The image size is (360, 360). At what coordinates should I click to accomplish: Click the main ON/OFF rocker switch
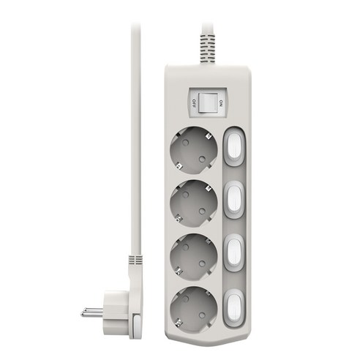point(208,103)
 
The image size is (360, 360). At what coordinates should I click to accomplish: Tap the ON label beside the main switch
point(221,103)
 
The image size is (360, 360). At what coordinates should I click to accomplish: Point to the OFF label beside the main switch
point(194,103)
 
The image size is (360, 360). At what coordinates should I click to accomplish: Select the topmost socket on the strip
point(194,150)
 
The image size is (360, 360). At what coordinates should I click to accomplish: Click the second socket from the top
point(194,203)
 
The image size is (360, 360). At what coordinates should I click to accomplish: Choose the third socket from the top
point(194,257)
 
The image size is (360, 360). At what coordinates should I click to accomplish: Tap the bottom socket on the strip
point(194,310)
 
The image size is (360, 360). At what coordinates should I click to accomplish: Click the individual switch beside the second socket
point(234,200)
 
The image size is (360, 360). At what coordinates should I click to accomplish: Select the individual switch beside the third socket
point(234,252)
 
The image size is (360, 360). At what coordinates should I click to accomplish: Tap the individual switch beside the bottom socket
point(234,308)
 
